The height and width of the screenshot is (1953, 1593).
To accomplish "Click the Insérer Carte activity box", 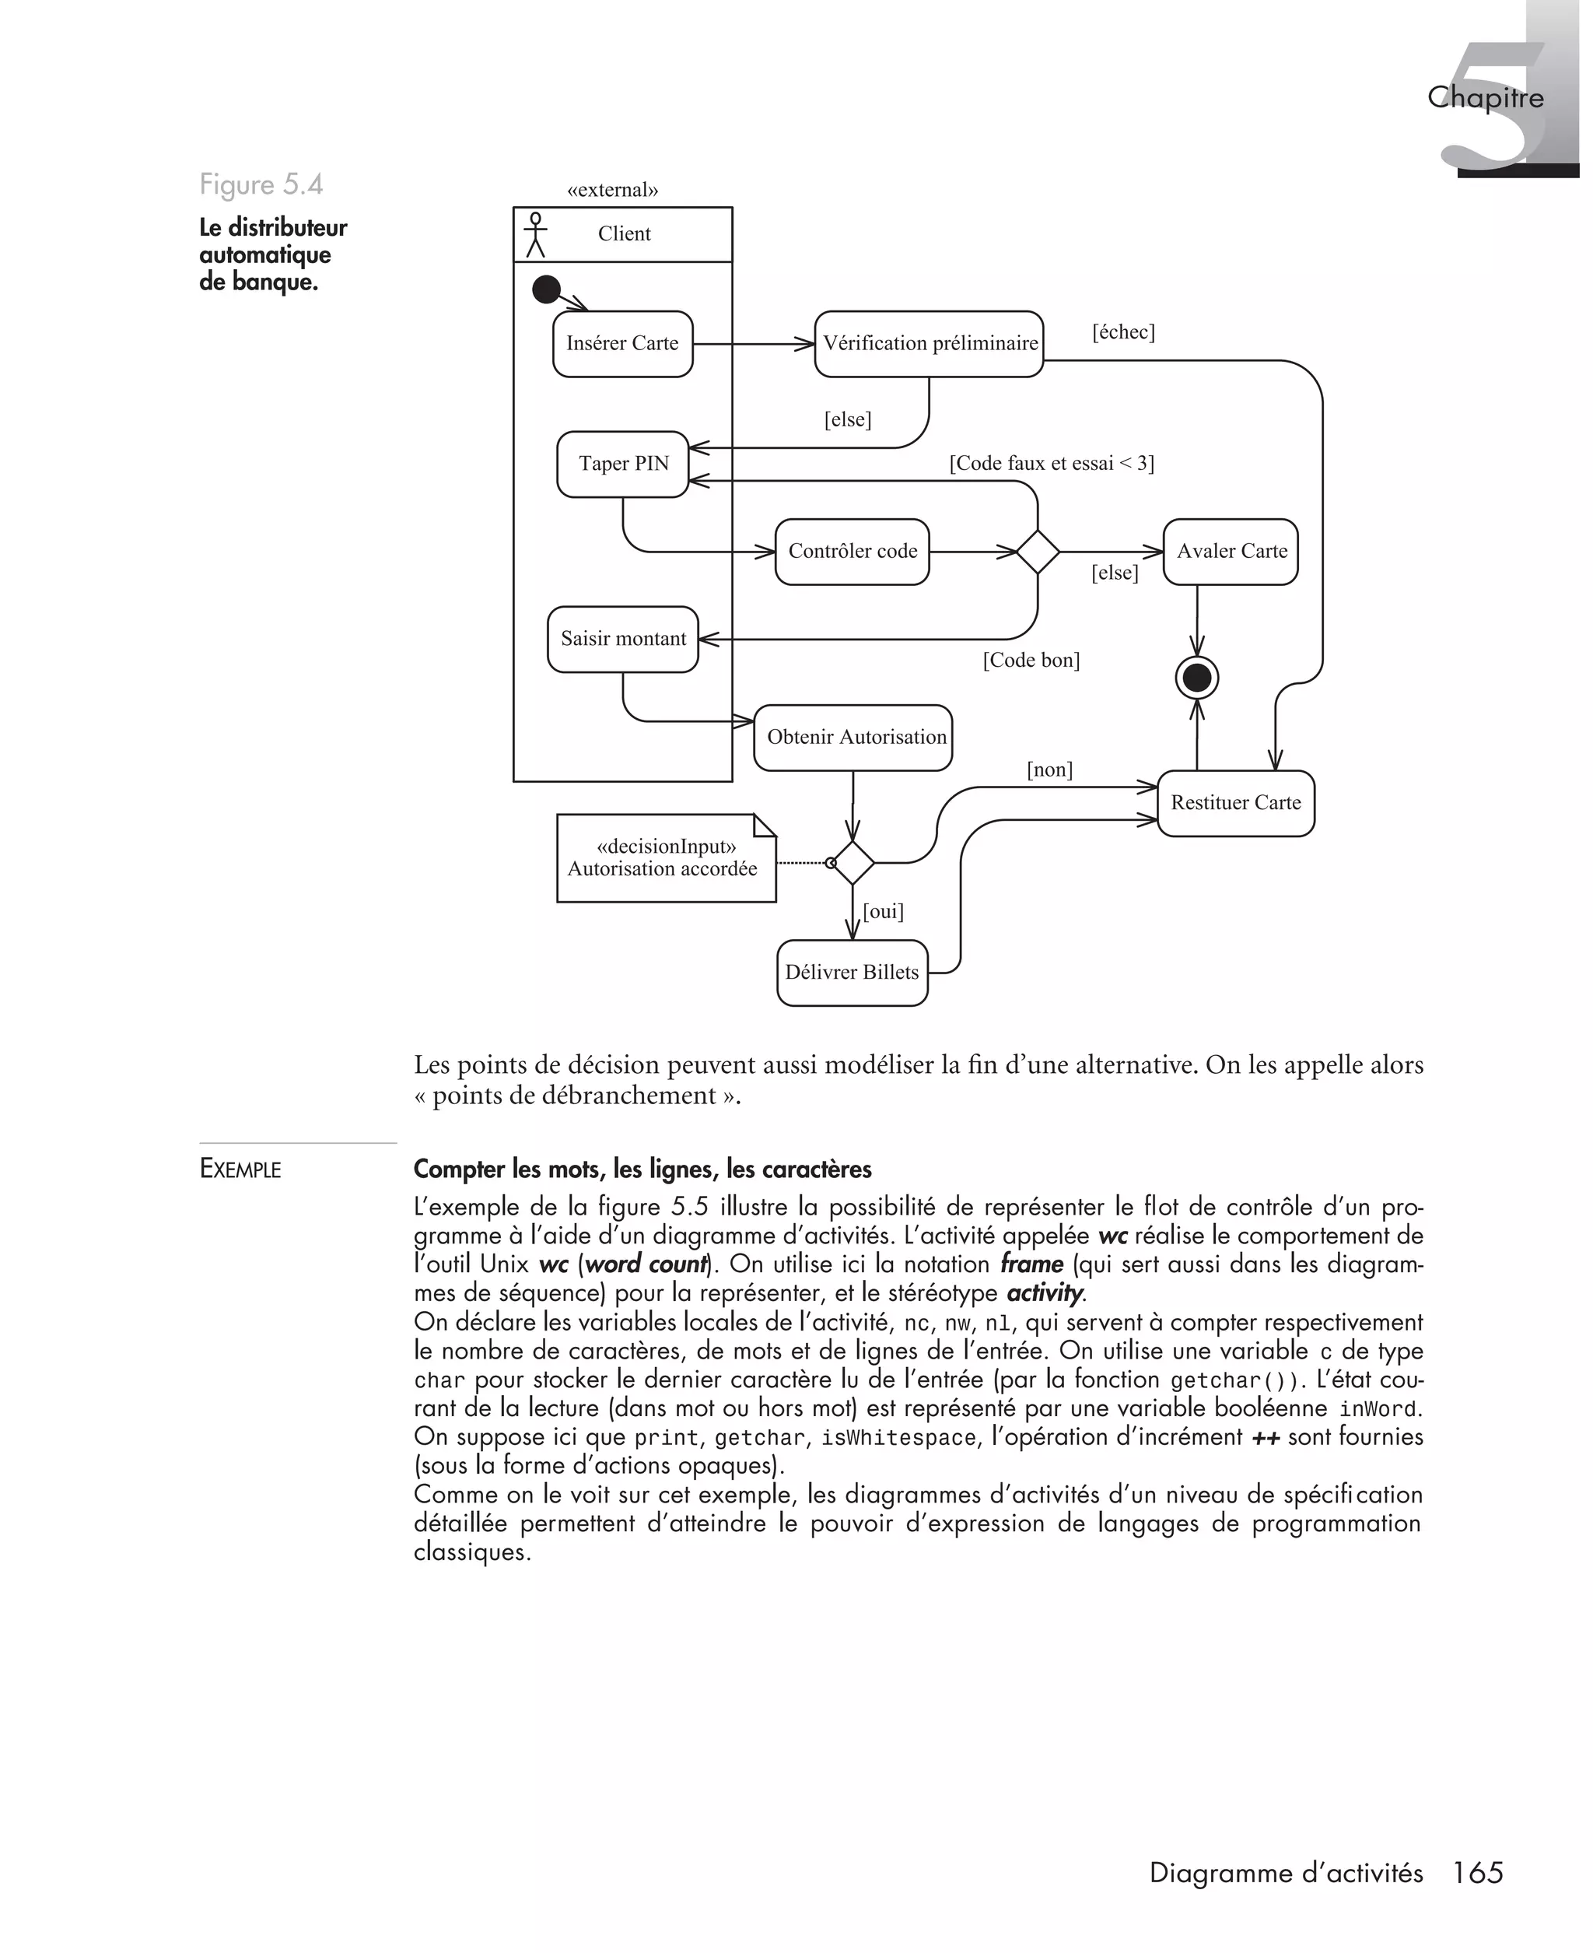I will tap(622, 344).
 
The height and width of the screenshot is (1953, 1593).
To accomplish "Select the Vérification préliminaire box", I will tap(929, 344).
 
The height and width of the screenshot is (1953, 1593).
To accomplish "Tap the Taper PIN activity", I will tap(623, 465).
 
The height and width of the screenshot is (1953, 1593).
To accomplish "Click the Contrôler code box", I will tap(852, 552).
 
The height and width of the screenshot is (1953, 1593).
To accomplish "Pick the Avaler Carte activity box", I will tap(1231, 552).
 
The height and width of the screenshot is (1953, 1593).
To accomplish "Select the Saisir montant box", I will tap(623, 639).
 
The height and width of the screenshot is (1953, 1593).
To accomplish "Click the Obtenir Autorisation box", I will tap(853, 737).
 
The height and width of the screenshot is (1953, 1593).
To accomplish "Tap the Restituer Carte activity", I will tap(1235, 803).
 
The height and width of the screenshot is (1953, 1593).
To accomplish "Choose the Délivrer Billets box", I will tap(852, 973).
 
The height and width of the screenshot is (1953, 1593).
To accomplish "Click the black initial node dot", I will tap(546, 290).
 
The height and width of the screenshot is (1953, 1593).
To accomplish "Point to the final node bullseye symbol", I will tap(1196, 678).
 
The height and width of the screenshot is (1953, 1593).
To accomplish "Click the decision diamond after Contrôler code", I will tap(1038, 552).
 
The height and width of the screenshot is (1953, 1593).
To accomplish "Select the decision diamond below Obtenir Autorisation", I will tap(853, 863).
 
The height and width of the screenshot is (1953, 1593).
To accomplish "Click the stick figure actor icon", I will tap(535, 235).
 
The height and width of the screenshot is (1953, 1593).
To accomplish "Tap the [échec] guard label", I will tap(1122, 332).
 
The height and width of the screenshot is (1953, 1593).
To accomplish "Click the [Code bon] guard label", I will tap(1031, 660).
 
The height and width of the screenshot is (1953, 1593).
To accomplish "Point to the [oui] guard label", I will tap(883, 911).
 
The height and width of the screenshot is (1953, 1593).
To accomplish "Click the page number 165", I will tap(1477, 1872).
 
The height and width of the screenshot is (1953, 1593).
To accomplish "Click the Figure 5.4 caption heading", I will tap(261, 184).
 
